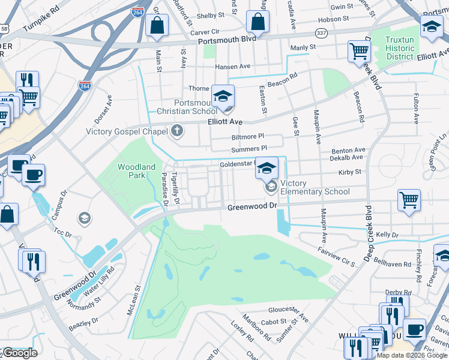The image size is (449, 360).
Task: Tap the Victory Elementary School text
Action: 315,188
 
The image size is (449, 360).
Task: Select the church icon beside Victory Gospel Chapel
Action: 176,130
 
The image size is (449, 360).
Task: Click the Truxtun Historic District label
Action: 399,48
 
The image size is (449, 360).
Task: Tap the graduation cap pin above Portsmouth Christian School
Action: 223,96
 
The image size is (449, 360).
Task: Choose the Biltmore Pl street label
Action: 244,137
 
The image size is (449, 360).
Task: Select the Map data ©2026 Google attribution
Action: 412,355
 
